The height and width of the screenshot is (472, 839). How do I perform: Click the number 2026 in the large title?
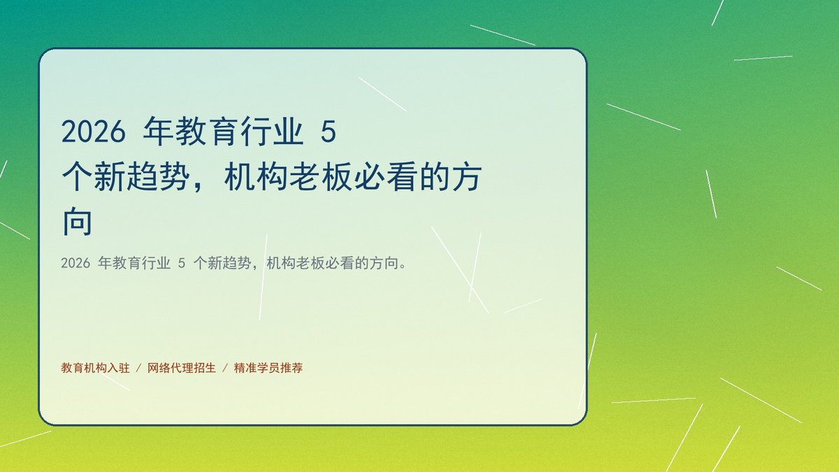tap(93, 131)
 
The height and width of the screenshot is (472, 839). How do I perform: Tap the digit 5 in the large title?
tap(329, 131)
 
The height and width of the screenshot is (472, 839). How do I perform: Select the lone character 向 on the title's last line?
tap(77, 221)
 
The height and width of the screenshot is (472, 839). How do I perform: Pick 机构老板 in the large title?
tap(288, 176)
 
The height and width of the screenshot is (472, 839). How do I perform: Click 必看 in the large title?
tap(385, 176)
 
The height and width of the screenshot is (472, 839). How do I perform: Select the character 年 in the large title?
tap(158, 131)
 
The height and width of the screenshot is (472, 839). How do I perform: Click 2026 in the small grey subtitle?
tap(76, 264)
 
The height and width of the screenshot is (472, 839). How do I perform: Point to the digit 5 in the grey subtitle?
tap(182, 264)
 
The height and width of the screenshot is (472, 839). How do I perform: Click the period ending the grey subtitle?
tap(403, 266)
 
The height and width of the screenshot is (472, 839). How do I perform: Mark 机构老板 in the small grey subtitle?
tap(296, 264)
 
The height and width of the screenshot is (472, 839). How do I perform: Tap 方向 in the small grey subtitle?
tap(384, 264)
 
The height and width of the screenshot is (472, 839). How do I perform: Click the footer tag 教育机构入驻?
tap(95, 368)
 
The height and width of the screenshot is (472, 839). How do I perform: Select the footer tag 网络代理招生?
tap(182, 368)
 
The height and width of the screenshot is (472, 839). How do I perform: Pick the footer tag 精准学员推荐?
tap(268, 368)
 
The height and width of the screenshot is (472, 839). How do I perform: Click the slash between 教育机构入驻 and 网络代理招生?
tap(138, 368)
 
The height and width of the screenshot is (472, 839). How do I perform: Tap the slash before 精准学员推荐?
tap(225, 368)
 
